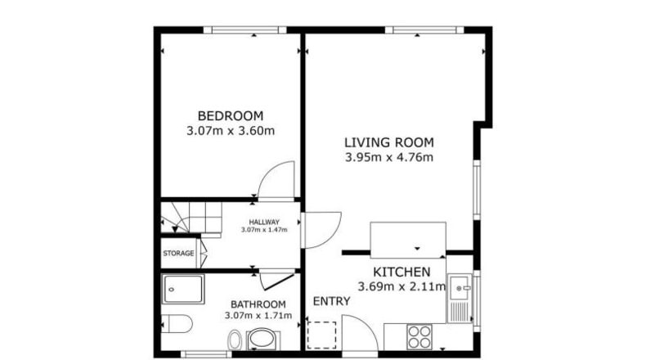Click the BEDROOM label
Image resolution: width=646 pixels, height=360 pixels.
click(231, 116)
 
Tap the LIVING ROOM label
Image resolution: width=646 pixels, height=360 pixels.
click(389, 142)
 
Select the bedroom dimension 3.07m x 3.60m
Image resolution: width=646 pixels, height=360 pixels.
click(231, 131)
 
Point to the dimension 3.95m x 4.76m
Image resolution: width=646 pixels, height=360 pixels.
click(389, 158)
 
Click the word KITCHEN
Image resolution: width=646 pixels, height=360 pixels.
click(402, 272)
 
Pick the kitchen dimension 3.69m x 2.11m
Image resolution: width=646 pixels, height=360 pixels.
click(402, 286)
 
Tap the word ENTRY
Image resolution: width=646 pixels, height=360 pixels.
click(332, 301)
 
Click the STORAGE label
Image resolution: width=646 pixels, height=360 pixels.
click(178, 253)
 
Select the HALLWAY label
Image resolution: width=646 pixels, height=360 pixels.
click(264, 223)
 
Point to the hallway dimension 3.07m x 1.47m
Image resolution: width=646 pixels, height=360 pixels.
click(264, 230)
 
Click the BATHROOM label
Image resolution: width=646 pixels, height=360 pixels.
click(258, 304)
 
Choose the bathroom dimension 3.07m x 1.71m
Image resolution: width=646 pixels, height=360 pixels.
click(258, 316)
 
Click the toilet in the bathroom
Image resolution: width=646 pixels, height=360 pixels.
click(177, 324)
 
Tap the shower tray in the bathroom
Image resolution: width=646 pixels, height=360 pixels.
click(183, 289)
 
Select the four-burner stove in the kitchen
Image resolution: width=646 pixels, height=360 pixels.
click(419, 337)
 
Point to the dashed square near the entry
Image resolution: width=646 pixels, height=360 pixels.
click(321, 335)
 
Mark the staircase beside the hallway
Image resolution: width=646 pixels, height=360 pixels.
click(191, 218)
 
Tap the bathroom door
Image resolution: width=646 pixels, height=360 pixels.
click(278, 280)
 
